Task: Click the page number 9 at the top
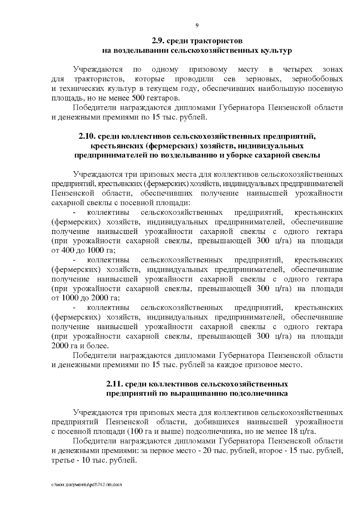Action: point(197,25)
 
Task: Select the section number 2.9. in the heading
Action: point(158,41)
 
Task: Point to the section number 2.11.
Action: point(114,384)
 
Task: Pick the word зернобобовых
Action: point(317,79)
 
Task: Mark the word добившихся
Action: point(217,422)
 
